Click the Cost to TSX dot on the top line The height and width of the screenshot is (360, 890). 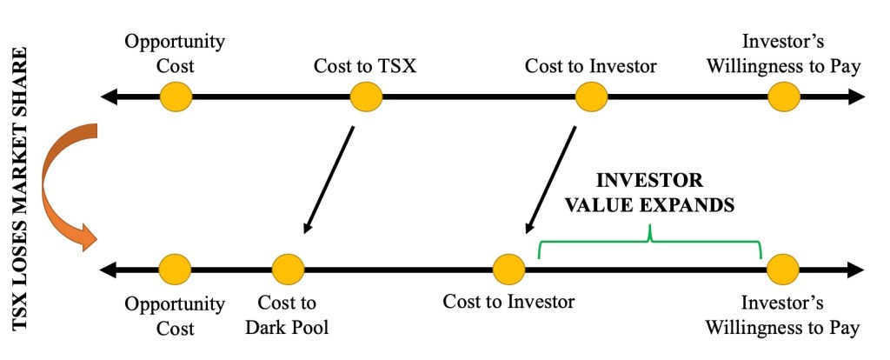366,97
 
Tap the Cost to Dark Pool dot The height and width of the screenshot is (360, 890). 288,269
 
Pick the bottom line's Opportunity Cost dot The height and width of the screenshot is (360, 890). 175,269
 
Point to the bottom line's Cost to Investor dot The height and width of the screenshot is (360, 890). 508,269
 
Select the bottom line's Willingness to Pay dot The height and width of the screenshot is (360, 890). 783,269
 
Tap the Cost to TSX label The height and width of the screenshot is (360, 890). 366,66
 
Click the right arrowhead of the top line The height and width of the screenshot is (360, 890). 857,97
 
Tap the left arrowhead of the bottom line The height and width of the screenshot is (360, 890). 110,269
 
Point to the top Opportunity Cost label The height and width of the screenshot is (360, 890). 175,53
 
